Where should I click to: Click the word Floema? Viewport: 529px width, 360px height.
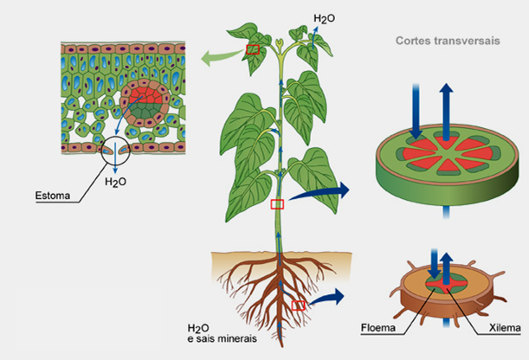pyautogui.click(x=379, y=328)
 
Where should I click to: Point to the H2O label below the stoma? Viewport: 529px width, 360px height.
pyautogui.click(x=115, y=182)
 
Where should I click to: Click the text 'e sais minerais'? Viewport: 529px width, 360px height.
pyautogui.click(x=222, y=338)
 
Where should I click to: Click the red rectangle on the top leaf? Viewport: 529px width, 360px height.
pyautogui.click(x=253, y=49)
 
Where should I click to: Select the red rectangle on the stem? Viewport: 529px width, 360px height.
pyautogui.click(x=277, y=204)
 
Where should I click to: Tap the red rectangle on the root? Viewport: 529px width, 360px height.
pyautogui.click(x=298, y=305)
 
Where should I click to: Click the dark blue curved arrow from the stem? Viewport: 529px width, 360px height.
pyautogui.click(x=320, y=192)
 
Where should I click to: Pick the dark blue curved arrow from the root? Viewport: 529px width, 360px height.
pyautogui.click(x=328, y=297)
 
